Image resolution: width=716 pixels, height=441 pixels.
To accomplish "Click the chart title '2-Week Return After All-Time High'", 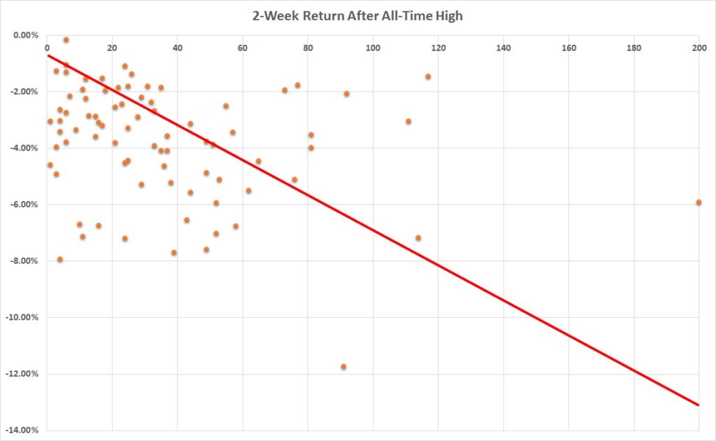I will coord(357,15).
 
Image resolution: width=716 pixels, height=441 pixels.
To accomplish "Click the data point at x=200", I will coord(699,202).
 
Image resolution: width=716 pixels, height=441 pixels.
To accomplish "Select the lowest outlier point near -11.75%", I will coord(343,367).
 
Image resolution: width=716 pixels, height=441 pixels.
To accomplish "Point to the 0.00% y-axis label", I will coord(27,35).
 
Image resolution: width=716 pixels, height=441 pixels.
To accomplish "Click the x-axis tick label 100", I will coord(373,48).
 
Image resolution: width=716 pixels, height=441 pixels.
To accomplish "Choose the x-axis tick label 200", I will coord(699,48).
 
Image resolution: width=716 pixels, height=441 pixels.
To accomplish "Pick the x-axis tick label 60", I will coord(243,48).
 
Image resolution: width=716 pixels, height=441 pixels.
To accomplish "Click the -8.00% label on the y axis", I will coord(26,261).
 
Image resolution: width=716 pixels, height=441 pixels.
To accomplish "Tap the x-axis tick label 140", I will coord(503,48).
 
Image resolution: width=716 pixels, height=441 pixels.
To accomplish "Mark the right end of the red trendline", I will coord(699,405).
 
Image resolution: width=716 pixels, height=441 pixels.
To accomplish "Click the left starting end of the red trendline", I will coord(48,55).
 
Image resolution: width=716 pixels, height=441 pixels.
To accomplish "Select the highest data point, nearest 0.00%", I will coord(66,40).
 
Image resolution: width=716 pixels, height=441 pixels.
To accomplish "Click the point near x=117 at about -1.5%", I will coord(428,76).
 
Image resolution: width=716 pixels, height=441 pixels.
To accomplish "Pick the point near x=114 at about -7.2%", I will coord(418,238).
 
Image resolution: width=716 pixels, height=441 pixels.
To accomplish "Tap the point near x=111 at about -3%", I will coord(408,121).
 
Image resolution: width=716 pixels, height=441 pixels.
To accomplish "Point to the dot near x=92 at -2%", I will coord(346,94).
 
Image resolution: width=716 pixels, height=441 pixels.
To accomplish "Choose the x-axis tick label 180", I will coord(633,48).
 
